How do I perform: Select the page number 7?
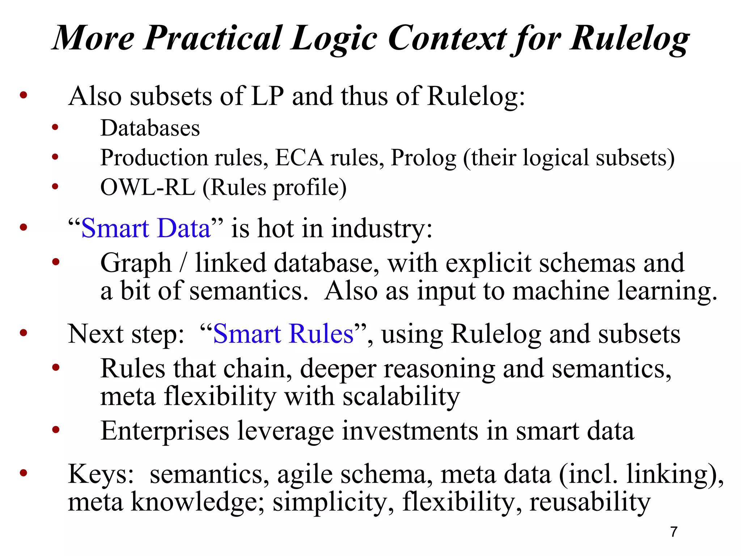[673, 532]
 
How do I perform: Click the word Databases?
[150, 128]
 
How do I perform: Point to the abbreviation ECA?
[299, 158]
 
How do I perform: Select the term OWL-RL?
[148, 188]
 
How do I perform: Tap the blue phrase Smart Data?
[145, 229]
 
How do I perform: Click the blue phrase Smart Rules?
[283, 334]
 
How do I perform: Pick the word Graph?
[136, 264]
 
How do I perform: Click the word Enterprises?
[165, 431]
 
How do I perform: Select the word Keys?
[101, 474]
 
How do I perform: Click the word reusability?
[590, 502]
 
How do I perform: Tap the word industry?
[382, 229]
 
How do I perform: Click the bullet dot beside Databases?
[55, 127]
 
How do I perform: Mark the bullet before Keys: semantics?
[24, 473]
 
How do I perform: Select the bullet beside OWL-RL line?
[55, 186]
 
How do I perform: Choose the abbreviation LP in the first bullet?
[267, 96]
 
